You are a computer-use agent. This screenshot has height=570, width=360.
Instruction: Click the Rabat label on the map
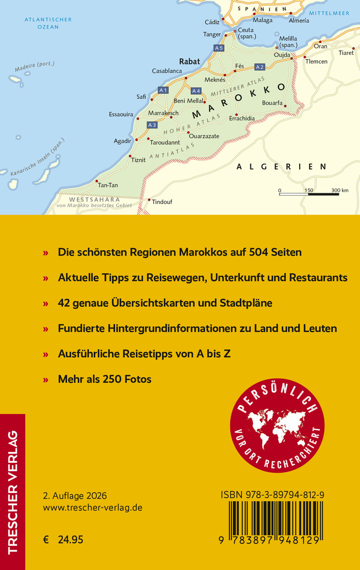coord(189,61)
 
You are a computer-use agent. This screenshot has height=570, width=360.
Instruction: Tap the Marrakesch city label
coord(163,113)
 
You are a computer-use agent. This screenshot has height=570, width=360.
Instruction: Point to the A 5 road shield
coord(219,48)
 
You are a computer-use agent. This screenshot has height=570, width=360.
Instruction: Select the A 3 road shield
coord(151,125)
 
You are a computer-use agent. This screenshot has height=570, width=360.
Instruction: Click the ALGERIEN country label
coord(281,167)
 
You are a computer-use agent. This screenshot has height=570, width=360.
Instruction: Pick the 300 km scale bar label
coord(339,191)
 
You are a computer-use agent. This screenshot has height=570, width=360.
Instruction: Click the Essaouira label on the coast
coord(121,115)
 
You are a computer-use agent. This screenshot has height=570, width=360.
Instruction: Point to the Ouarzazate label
coord(204,136)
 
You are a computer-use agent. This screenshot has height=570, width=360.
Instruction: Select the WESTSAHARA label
coord(87,199)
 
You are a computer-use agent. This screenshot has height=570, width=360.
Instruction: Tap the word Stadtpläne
coord(244,303)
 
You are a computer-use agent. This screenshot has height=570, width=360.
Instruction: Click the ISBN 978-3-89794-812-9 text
coord(272,495)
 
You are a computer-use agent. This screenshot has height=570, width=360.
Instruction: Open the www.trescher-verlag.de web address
coord(92,507)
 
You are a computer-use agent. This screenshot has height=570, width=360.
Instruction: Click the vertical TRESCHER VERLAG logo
coord(12,492)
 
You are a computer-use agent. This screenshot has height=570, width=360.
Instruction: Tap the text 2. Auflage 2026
coord(75,496)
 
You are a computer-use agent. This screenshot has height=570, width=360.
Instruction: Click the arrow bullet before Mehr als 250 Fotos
coord(46,379)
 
